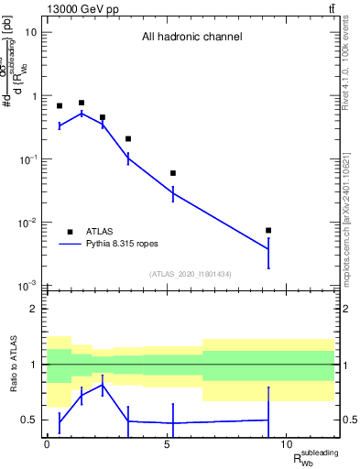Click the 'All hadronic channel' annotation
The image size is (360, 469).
tap(191, 38)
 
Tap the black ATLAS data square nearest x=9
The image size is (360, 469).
tap(267, 230)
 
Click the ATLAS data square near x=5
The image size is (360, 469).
tap(172, 173)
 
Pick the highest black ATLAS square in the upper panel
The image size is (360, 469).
tap(82, 104)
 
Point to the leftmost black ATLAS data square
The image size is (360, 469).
tap(60, 106)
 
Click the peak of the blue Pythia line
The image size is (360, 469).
tap(82, 114)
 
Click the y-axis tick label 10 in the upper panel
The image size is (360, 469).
tap(30, 32)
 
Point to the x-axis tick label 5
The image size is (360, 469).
tap(166, 443)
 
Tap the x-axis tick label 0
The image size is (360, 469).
tap(47, 443)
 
